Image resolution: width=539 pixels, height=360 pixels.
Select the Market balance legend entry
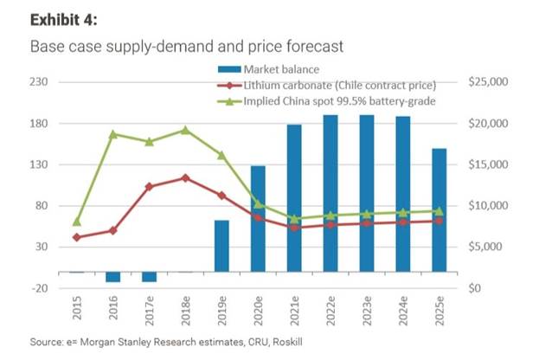[281, 68]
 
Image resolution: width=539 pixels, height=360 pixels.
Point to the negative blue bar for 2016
[112, 277]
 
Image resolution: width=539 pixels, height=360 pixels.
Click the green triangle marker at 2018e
[185, 130]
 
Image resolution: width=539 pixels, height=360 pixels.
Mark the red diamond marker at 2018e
[185, 178]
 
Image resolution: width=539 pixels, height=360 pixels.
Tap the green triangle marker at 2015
[77, 222]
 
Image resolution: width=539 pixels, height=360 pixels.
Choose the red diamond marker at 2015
[77, 237]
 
